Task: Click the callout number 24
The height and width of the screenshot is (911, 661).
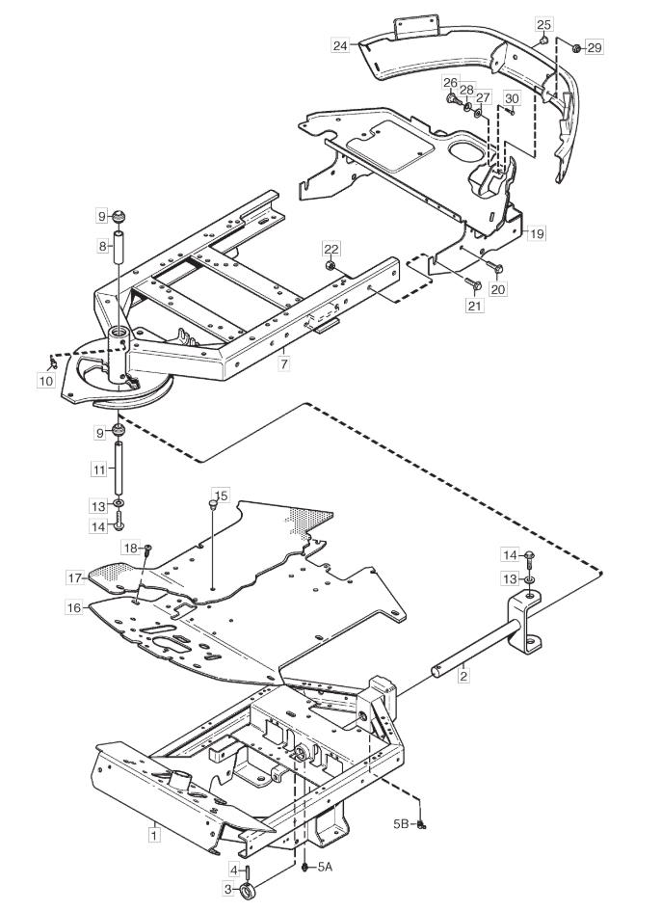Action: tap(340, 45)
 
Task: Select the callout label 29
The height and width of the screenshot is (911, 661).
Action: tap(595, 47)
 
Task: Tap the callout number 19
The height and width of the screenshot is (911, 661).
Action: tap(537, 233)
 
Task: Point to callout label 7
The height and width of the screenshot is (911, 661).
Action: tap(283, 364)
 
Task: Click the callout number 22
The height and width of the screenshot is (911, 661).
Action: tap(331, 250)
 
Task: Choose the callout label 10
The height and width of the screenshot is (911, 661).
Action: tap(46, 381)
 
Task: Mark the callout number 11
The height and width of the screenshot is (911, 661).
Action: tap(98, 469)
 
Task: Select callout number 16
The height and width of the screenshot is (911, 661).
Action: tap(74, 607)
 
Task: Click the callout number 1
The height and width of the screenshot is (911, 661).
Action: tap(153, 836)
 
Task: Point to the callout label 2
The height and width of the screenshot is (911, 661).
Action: tap(463, 676)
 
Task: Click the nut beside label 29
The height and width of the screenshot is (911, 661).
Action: tap(576, 48)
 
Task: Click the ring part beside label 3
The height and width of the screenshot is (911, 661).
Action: tap(248, 890)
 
